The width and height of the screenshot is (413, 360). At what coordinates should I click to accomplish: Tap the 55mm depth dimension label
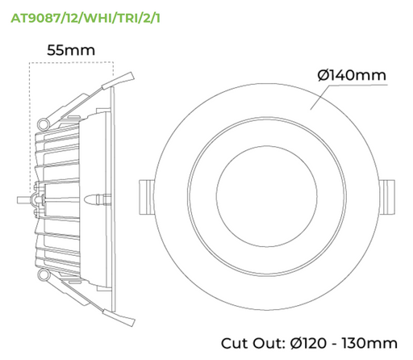pyautogui.click(x=70, y=50)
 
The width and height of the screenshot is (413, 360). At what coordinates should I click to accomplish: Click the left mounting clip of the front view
pyautogui.click(x=148, y=195)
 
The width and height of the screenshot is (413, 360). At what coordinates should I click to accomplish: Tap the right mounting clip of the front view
pyautogui.click(x=388, y=195)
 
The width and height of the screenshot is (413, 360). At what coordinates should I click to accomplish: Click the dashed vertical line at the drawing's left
pyautogui.click(x=29, y=121)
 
